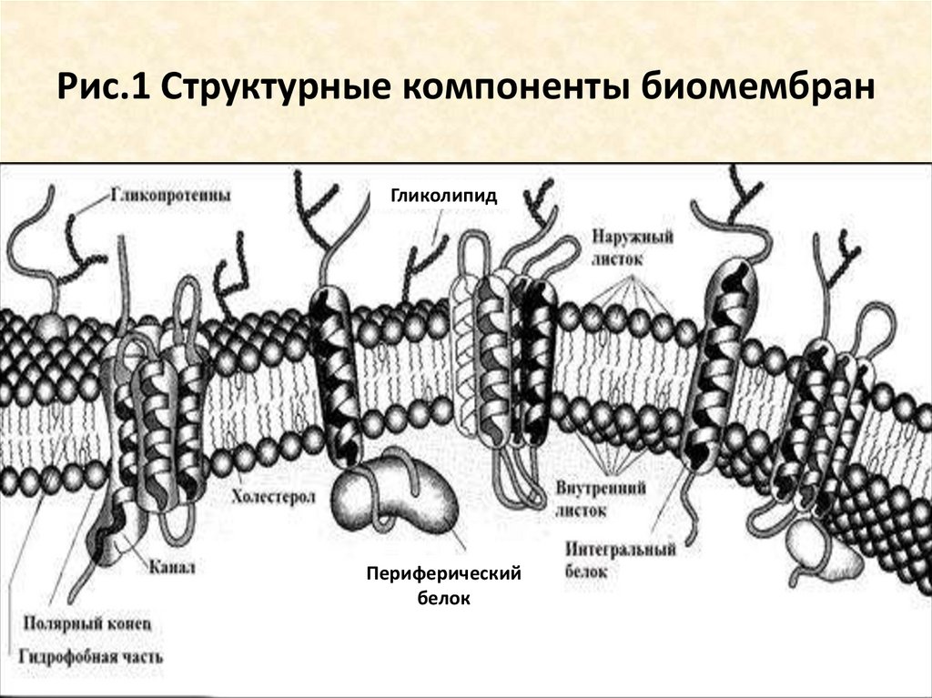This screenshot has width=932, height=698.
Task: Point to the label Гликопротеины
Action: coord(171,195)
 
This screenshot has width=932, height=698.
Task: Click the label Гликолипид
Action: coord(445,195)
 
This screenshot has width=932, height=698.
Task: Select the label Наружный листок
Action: coord(632,247)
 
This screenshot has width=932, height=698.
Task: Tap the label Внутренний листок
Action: coord(601,499)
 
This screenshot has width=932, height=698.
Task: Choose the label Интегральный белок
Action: coord(619,561)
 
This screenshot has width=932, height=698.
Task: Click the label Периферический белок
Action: coord(443,585)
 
